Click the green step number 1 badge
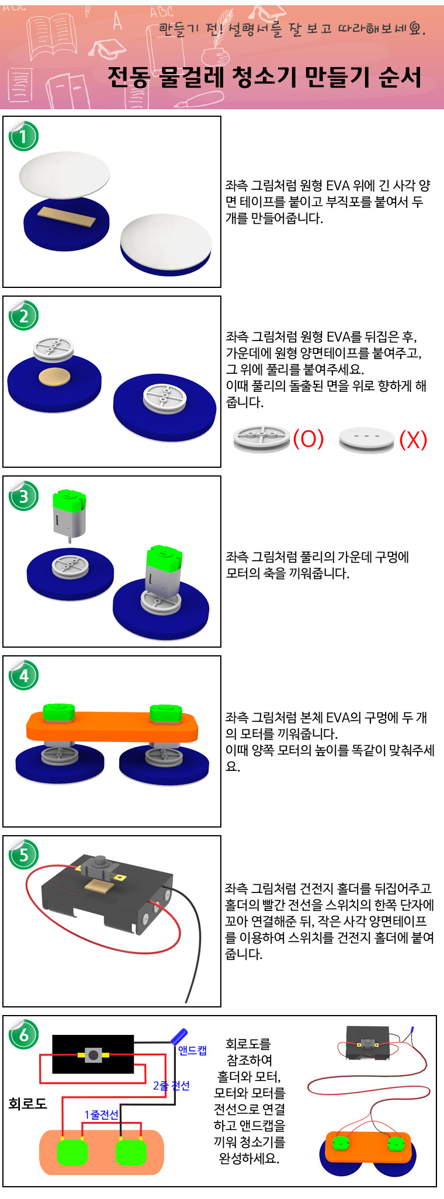click(x=23, y=137)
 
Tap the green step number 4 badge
click(x=23, y=676)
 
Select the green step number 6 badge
click(x=23, y=1035)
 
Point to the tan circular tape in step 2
click(x=54, y=377)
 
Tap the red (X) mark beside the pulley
click(x=414, y=439)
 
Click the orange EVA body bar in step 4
click(x=112, y=727)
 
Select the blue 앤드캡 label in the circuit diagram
click(x=192, y=1051)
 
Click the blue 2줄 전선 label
click(x=171, y=1086)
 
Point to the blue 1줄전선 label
click(x=101, y=1115)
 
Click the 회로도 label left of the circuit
click(x=27, y=1103)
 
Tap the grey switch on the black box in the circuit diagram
click(x=93, y=1055)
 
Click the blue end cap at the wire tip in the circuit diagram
click(x=178, y=1036)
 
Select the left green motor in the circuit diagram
click(x=72, y=1152)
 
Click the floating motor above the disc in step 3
click(x=70, y=516)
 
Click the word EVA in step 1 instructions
click(x=338, y=186)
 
